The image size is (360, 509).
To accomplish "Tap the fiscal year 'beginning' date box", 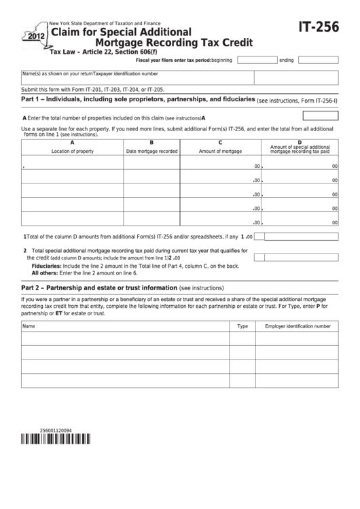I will click(257, 60).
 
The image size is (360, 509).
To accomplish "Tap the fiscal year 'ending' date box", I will click(318, 60).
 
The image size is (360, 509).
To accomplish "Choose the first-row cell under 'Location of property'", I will click(73, 165).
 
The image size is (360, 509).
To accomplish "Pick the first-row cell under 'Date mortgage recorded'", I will click(151, 165).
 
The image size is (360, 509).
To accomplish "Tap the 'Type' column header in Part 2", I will click(242, 326).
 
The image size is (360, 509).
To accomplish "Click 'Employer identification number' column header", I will click(298, 326).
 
